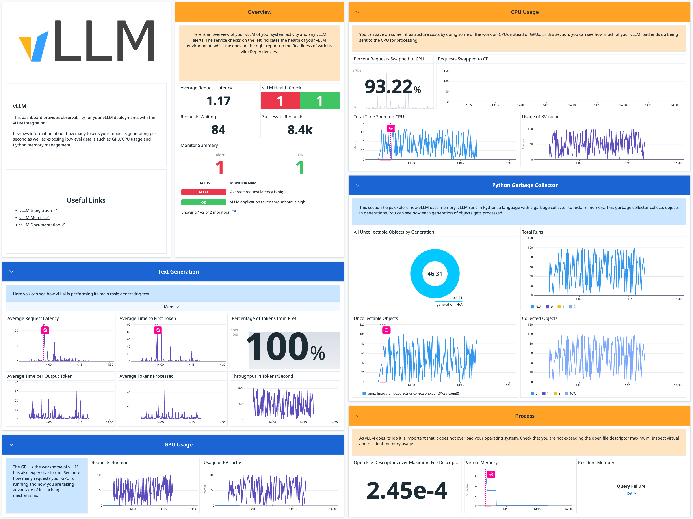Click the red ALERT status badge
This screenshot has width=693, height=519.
pos(203,192)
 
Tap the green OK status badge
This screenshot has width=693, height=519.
pos(203,202)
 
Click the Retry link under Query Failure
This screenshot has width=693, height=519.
pos(631,493)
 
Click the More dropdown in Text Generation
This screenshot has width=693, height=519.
pos(171,307)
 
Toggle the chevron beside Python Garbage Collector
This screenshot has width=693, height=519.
pos(357,185)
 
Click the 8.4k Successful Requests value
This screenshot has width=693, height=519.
pos(300,130)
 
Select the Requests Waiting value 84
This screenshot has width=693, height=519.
pos(218,130)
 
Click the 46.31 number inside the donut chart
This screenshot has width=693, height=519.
pos(435,274)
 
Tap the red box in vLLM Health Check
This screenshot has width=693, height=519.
pos(280,101)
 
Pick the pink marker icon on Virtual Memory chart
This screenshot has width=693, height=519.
pos(491,474)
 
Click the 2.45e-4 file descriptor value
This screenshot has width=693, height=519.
pos(407,490)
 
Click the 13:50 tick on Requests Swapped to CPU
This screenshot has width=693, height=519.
pos(470,105)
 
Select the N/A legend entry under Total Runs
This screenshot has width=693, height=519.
pos(536,307)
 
